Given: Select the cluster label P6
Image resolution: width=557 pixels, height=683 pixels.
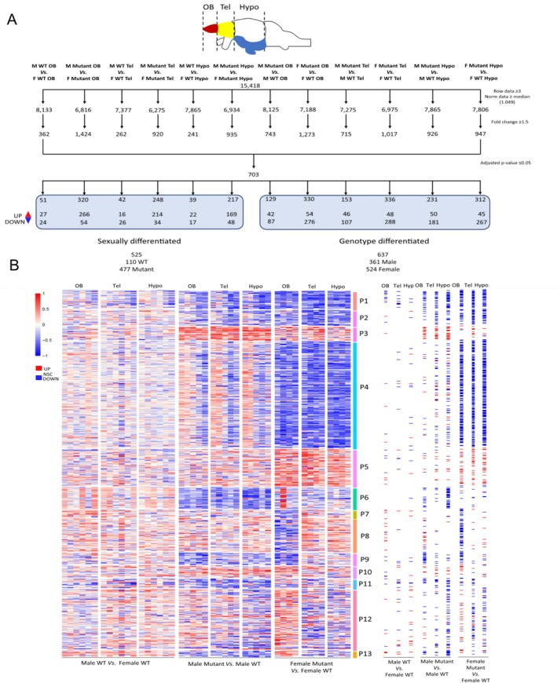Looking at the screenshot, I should coord(365,498).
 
